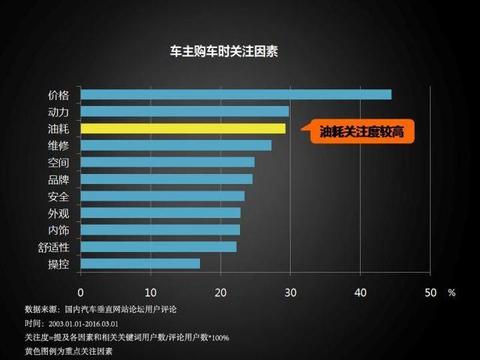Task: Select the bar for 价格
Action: (x=235, y=95)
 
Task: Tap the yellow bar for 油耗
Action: (x=182, y=129)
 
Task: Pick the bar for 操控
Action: (x=139, y=264)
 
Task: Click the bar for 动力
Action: (x=184, y=112)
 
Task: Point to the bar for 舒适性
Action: (x=158, y=247)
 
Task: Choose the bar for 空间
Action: (x=167, y=162)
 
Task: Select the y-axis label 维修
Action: (x=58, y=146)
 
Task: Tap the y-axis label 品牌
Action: (x=58, y=180)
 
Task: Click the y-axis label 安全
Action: (x=58, y=196)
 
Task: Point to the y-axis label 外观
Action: (x=58, y=213)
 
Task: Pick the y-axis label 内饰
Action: (x=58, y=230)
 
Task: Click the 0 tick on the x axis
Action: (x=79, y=292)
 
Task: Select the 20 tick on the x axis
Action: (x=220, y=292)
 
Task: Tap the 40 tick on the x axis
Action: (x=361, y=292)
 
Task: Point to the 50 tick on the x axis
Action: (x=430, y=292)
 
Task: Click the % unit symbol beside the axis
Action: (x=452, y=292)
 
